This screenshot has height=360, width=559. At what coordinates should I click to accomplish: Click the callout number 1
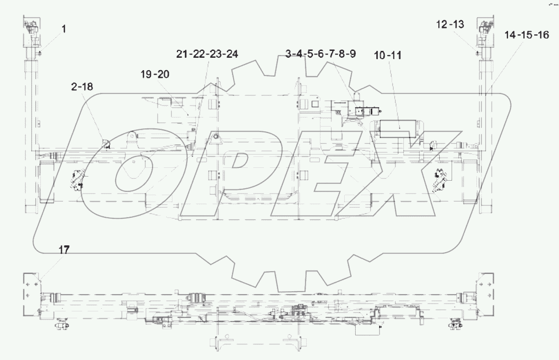(x=64, y=29)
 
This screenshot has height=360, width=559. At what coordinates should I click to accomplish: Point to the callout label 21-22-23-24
(x=207, y=54)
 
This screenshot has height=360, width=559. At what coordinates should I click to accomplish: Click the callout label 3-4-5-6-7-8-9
(x=320, y=54)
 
